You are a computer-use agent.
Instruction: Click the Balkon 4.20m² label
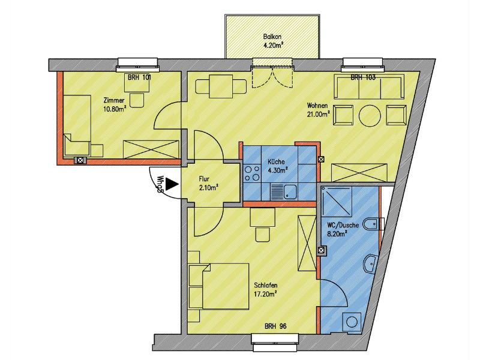point(272,41)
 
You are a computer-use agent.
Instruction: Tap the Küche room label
point(276,161)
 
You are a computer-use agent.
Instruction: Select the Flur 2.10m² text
point(208,183)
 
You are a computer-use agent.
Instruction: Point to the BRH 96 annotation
point(275,326)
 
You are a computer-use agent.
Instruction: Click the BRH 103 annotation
point(363,77)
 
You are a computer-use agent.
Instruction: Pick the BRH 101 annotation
point(139,77)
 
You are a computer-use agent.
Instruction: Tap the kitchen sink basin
point(290,192)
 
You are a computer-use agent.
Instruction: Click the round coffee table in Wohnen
point(370,115)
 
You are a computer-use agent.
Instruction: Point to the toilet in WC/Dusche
point(373,224)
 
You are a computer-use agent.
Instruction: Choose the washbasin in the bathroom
point(370,263)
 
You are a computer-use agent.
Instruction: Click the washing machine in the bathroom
point(352,322)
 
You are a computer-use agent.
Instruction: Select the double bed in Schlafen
point(226,286)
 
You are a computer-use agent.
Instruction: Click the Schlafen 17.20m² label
point(266,290)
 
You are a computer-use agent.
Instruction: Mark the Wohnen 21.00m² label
point(319,110)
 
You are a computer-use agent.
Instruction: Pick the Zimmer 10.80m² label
point(115,104)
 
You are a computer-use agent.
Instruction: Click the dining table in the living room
point(221,86)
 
